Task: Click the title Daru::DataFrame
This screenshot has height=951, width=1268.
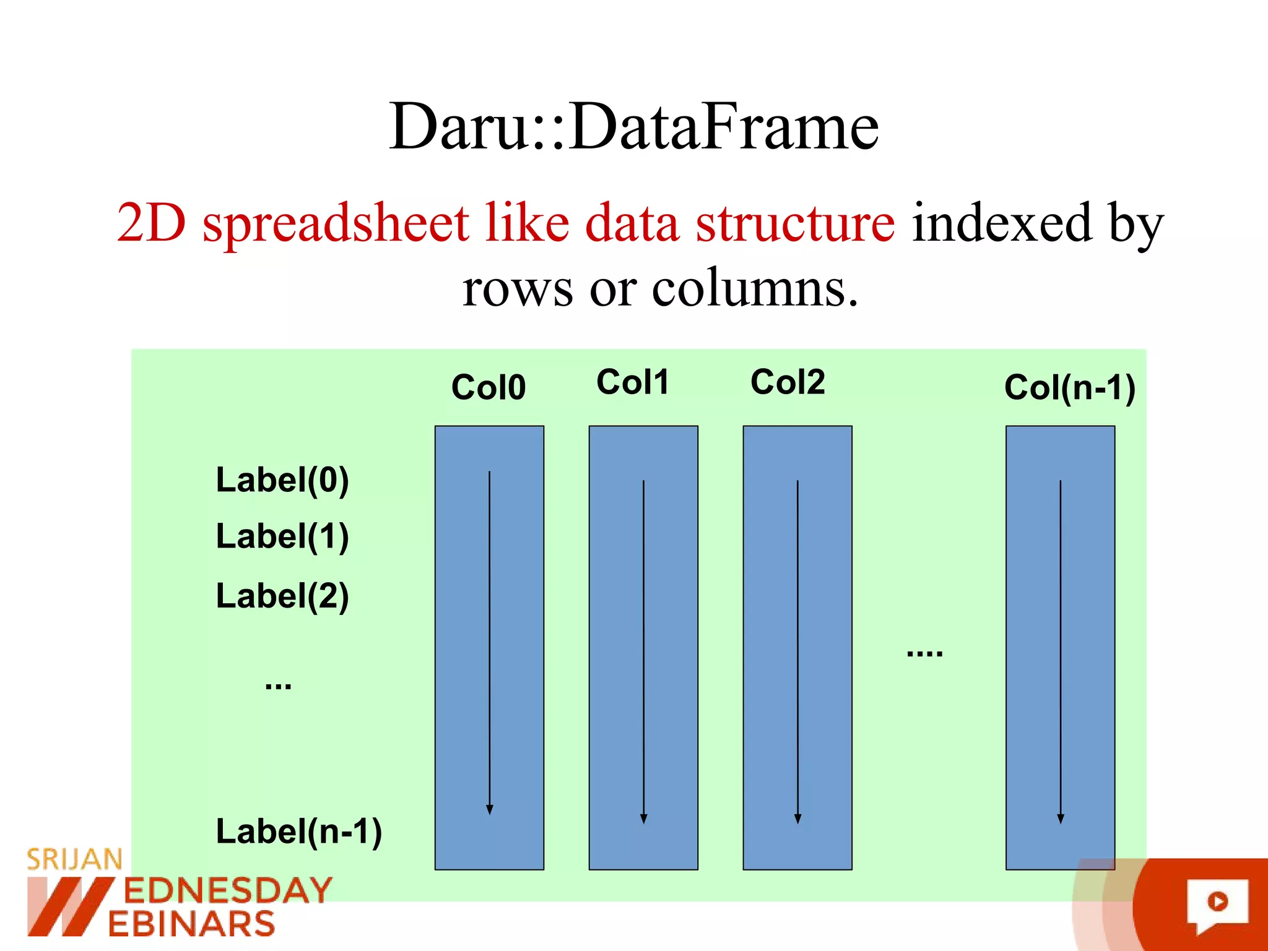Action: point(634,127)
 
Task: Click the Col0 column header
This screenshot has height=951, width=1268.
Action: point(489,387)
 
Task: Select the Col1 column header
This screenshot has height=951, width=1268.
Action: point(632,382)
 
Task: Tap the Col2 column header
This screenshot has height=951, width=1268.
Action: point(788,382)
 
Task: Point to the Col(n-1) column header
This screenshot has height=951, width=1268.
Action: point(1069,388)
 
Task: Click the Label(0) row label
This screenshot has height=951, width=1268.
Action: point(282,480)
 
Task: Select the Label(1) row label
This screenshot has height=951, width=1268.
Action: point(282,536)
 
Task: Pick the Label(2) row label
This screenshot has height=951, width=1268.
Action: point(282,596)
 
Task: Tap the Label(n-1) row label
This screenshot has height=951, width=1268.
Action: point(298,831)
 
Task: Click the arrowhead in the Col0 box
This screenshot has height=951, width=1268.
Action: point(490,809)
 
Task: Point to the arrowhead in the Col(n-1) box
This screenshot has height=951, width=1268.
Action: point(1061,819)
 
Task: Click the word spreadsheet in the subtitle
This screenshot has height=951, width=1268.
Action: point(335,223)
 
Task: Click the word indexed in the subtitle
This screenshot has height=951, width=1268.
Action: point(1002,223)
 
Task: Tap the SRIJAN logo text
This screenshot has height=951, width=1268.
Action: point(74,859)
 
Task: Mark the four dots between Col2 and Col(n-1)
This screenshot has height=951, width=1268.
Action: point(924,653)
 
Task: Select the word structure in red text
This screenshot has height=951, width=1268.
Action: point(795,223)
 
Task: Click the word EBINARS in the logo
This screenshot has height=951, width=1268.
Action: point(191,924)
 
